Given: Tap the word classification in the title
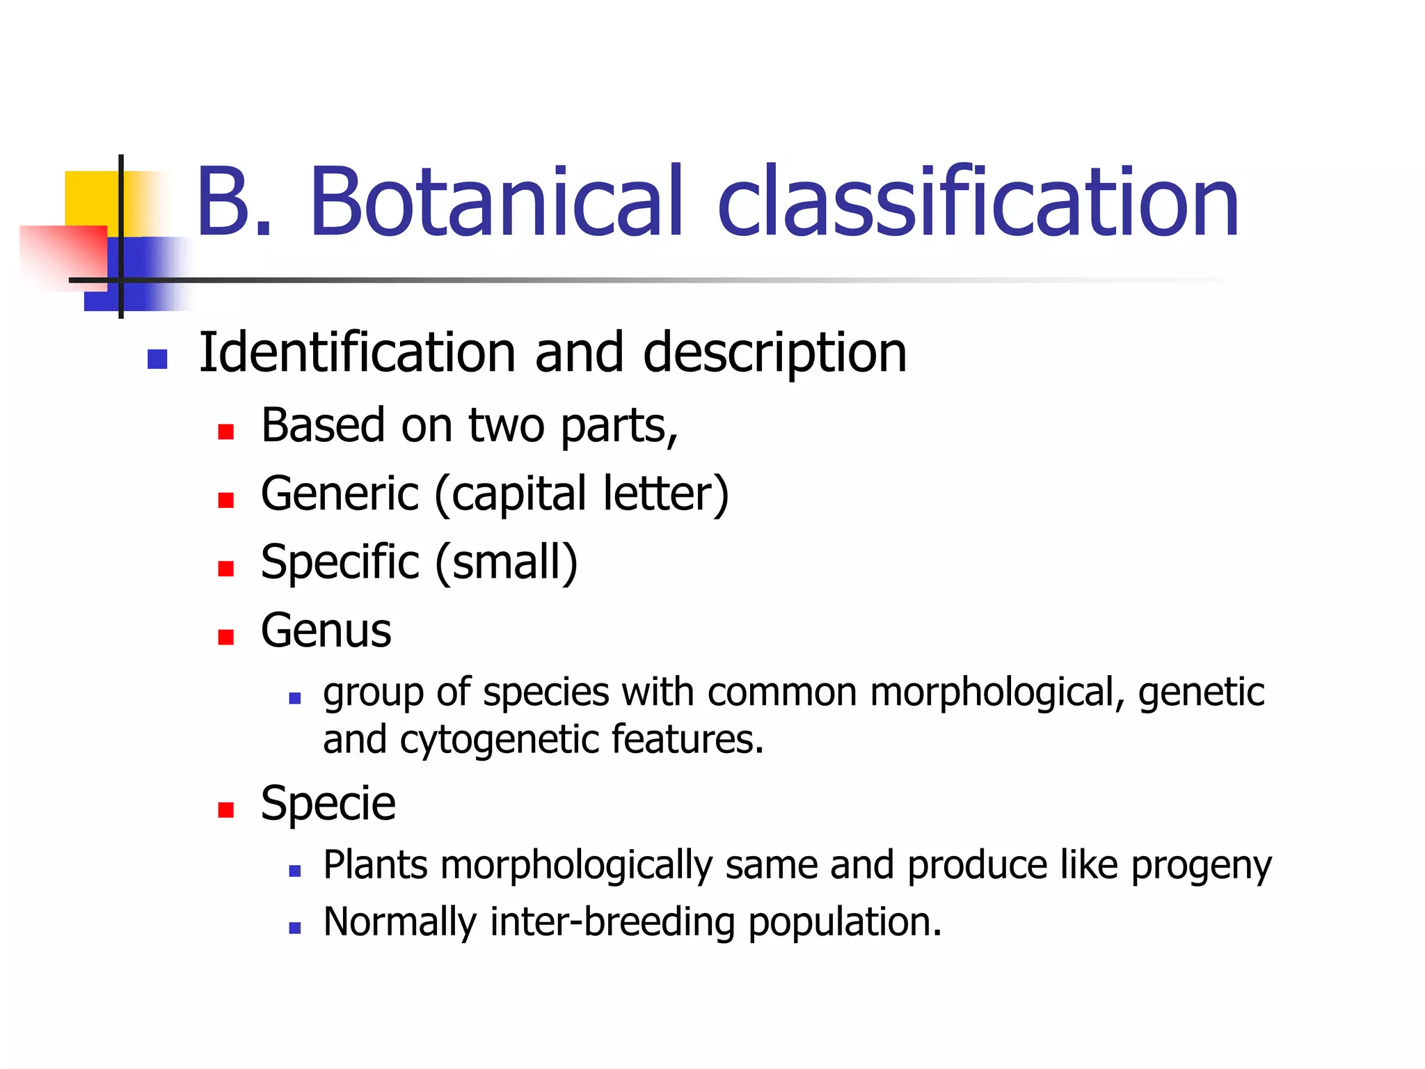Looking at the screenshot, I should [978, 203].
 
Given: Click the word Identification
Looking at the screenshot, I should [357, 353].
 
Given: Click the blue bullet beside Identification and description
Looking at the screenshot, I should [157, 359].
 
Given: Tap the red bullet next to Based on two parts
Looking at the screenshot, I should [225, 432].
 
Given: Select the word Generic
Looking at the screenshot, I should [340, 494].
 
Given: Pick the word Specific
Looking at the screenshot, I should [340, 563].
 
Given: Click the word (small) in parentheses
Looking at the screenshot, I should [507, 563].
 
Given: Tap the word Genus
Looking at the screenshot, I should [326, 631].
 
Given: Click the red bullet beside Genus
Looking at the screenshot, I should [225, 637].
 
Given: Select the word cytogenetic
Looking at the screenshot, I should [499, 740].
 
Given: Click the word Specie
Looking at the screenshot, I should [328, 804].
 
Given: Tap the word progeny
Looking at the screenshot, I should [1201, 867].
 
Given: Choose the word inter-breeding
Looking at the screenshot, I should [612, 923].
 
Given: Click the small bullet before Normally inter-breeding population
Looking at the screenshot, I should [294, 928].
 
